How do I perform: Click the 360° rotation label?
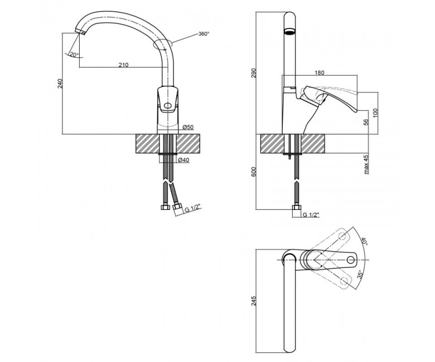pyautogui.click(x=204, y=34)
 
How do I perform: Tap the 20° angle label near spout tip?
pyautogui.click(x=74, y=55)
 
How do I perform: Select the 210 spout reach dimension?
pyautogui.click(x=124, y=65)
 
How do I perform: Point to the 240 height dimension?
pyautogui.click(x=60, y=84)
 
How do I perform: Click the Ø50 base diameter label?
pyautogui.click(x=188, y=128)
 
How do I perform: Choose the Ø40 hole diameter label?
pyautogui.click(x=183, y=160)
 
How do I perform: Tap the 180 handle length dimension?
pyautogui.click(x=320, y=73)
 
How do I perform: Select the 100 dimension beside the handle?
pyautogui.click(x=376, y=113)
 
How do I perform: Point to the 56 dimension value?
pyautogui.click(x=366, y=121)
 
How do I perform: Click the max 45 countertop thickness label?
pyautogui.click(x=366, y=164)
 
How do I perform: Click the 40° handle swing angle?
pyautogui.click(x=364, y=241)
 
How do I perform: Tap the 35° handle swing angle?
pyautogui.click(x=360, y=275)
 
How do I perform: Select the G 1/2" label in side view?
pyautogui.click(x=311, y=214)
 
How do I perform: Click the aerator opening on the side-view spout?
pyautogui.click(x=289, y=31)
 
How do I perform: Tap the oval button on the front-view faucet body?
pyautogui.click(x=168, y=105)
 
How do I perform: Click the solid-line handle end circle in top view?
pyautogui.click(x=351, y=260)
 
